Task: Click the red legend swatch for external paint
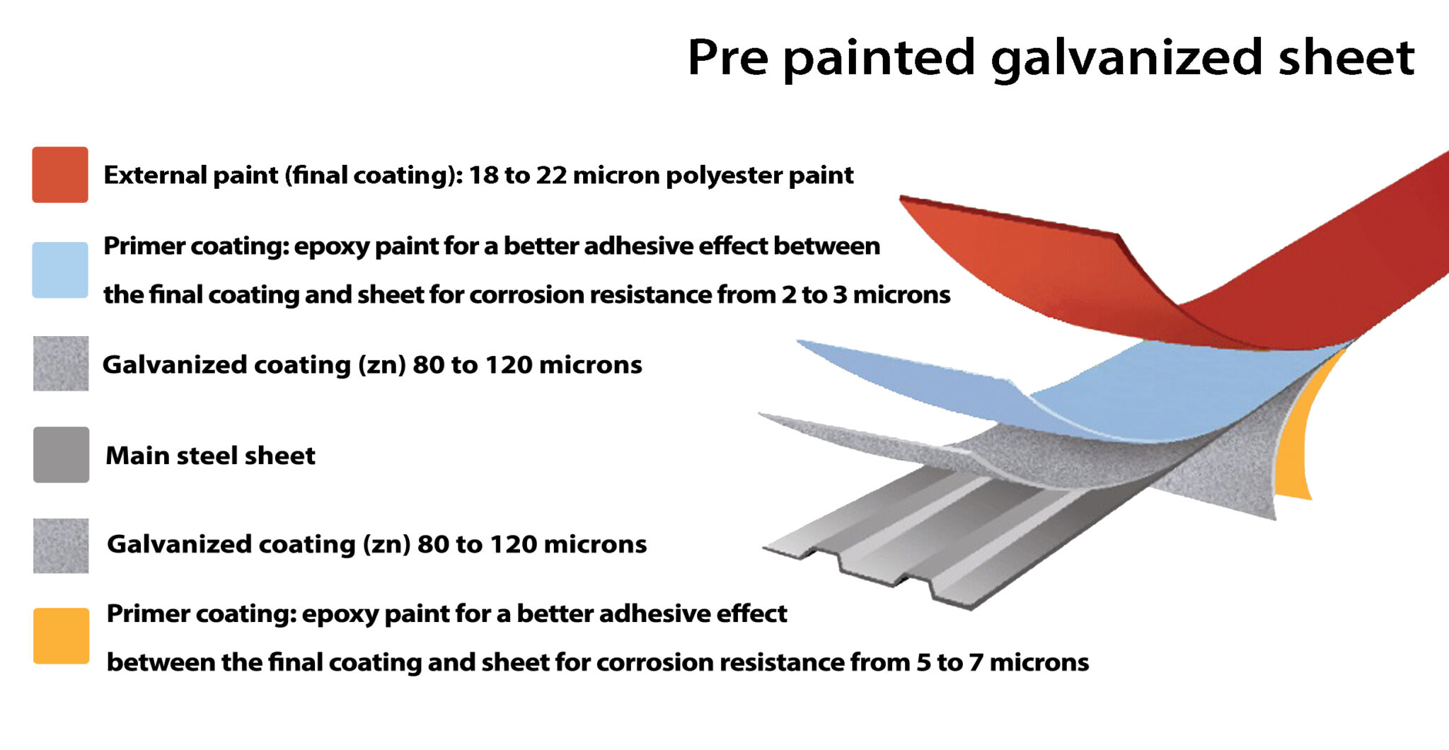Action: pyautogui.click(x=60, y=175)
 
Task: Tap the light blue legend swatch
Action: pyautogui.click(x=60, y=270)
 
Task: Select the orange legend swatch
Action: pyautogui.click(x=62, y=635)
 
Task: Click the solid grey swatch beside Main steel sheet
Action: pyautogui.click(x=62, y=454)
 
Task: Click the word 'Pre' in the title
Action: pyautogui.click(x=727, y=58)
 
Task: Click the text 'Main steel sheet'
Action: pyautogui.click(x=210, y=456)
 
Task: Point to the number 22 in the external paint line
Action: pyautogui.click(x=551, y=175)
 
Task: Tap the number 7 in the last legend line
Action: pyautogui.click(x=976, y=662)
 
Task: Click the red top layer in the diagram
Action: pyautogui.click(x=1061, y=269)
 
